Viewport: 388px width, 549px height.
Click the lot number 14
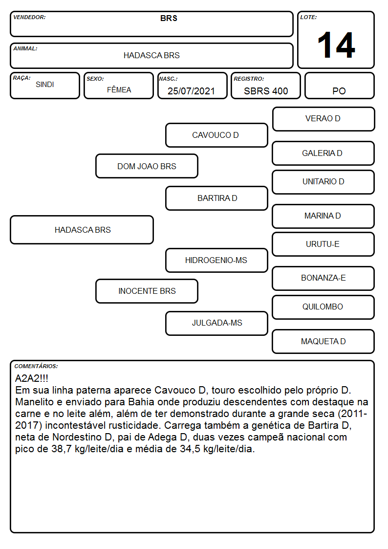(x=336, y=45)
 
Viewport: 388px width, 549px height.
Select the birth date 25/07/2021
(x=191, y=91)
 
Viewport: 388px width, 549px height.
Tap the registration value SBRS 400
(x=266, y=91)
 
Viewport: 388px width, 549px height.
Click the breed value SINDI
(x=45, y=85)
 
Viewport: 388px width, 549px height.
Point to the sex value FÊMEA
(x=119, y=89)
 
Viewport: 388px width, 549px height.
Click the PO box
(x=339, y=86)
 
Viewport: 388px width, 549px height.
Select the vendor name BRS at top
(x=169, y=18)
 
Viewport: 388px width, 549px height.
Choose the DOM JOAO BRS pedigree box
(x=147, y=166)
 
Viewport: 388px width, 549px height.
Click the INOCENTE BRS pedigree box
(x=147, y=291)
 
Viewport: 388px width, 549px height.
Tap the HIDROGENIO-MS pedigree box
(x=216, y=260)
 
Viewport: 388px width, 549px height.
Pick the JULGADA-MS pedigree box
(x=216, y=323)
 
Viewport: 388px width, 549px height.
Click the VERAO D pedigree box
(x=323, y=119)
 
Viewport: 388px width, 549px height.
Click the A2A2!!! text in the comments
(x=32, y=378)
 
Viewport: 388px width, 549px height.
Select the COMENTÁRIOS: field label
(x=36, y=366)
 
